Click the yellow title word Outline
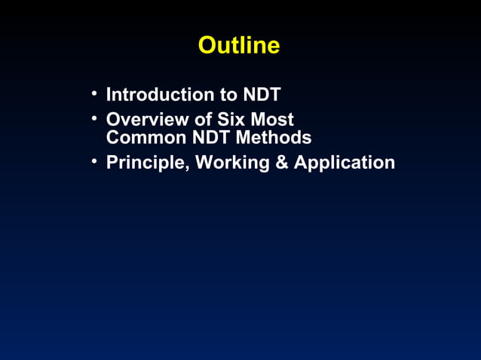click(x=239, y=46)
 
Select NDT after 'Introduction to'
click(x=262, y=95)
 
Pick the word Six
click(x=231, y=120)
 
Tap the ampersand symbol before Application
click(x=281, y=163)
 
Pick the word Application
click(x=344, y=163)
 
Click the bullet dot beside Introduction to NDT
click(x=93, y=94)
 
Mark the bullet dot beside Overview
click(x=93, y=119)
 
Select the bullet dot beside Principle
click(x=93, y=162)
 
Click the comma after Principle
click(x=187, y=168)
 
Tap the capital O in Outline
click(x=207, y=46)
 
